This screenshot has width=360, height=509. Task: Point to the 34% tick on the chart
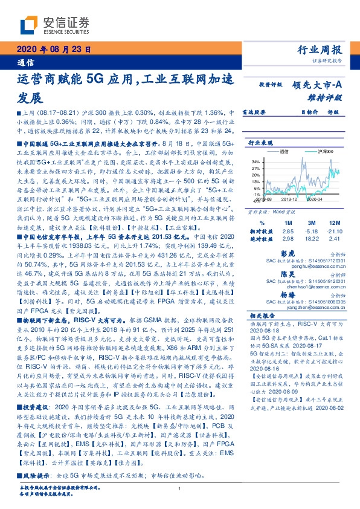255,162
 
